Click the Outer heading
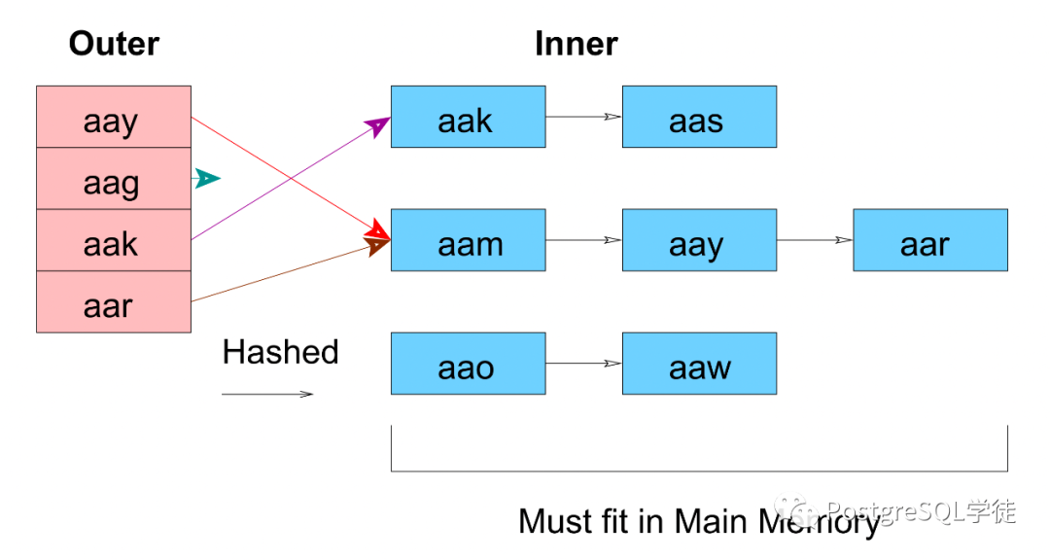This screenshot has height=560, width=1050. point(114,44)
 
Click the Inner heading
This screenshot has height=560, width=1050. point(576,44)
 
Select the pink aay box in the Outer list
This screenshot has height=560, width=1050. point(114,117)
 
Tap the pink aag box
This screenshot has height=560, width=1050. point(114,178)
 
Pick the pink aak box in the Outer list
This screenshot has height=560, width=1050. point(114,240)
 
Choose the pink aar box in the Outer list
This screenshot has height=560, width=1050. point(114,301)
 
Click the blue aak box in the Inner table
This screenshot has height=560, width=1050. point(468,117)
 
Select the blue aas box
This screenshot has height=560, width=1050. point(699,117)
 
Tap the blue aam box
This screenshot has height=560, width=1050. point(468,240)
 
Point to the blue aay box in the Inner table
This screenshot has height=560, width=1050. point(699,240)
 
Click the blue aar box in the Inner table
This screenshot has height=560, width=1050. point(930,240)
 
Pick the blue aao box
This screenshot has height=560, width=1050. point(468,363)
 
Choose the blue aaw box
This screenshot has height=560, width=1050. point(699,363)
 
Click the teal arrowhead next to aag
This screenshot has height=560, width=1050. point(208,178)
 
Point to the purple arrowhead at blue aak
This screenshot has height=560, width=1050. point(378,125)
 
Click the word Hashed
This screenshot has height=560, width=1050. point(281,352)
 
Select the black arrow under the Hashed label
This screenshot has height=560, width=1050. point(267,394)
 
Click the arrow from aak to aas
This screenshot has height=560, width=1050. point(584,117)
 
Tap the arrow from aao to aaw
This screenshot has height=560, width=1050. point(584,363)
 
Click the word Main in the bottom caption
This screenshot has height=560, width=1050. point(711,521)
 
